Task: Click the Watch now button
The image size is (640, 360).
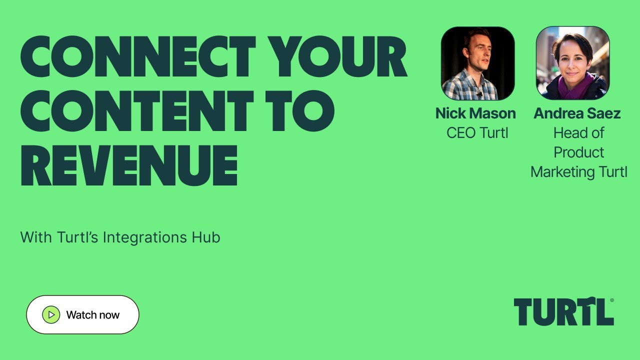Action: point(82,314)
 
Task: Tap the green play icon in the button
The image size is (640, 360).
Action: point(51,314)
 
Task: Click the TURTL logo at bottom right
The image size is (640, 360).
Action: point(563,312)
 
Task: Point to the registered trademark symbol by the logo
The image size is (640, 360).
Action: point(611,300)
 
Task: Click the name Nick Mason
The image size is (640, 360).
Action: point(475,113)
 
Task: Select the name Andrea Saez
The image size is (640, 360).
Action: point(577,113)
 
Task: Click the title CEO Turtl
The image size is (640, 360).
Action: point(477,133)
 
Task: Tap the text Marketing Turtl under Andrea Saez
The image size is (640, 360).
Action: point(578,172)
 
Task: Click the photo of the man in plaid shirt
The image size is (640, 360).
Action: point(477,63)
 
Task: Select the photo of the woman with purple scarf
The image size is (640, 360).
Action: point(572,63)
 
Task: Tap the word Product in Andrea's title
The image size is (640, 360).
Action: point(578,152)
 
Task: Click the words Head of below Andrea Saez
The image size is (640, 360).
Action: point(578,133)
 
